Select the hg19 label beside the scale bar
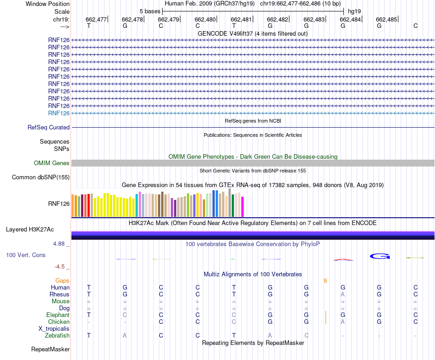tap(354, 11)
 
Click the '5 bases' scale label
tap(150, 11)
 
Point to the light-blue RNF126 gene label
tap(59, 113)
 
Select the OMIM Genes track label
tap(52, 163)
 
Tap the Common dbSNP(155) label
tap(41, 177)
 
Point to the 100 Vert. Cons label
tap(26, 255)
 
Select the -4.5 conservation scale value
tap(60, 267)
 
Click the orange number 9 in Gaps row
tap(325, 280)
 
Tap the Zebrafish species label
tap(57, 336)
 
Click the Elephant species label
tap(58, 315)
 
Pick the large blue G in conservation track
tap(380, 256)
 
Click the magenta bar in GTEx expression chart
tap(243, 207)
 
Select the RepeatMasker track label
tap(50, 349)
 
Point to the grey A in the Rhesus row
tap(343, 295)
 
